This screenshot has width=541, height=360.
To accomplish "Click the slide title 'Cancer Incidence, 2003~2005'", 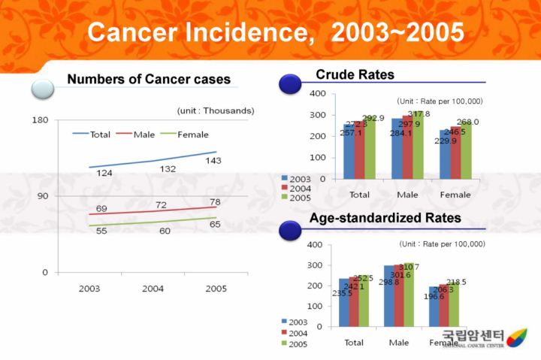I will pyautogui.click(x=275, y=32).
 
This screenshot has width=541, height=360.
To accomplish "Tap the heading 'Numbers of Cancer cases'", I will pyautogui.click(x=149, y=80).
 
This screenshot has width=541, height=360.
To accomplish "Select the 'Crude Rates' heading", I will pyautogui.click(x=355, y=74).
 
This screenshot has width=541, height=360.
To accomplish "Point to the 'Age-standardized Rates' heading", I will pyautogui.click(x=385, y=218).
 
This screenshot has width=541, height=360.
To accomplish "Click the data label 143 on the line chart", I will pyautogui.click(x=213, y=161).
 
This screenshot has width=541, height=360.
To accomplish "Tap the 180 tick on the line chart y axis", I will pyautogui.click(x=40, y=120).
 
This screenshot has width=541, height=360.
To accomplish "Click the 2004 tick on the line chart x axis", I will pyautogui.click(x=153, y=289).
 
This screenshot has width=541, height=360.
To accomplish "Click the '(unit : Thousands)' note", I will pyautogui.click(x=216, y=110).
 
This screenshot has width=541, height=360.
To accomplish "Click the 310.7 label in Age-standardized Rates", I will pyautogui.click(x=410, y=267).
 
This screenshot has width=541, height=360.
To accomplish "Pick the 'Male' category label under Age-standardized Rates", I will pyautogui.click(x=399, y=343).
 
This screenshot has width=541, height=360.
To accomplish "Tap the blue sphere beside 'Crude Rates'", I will pyautogui.click(x=289, y=83).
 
